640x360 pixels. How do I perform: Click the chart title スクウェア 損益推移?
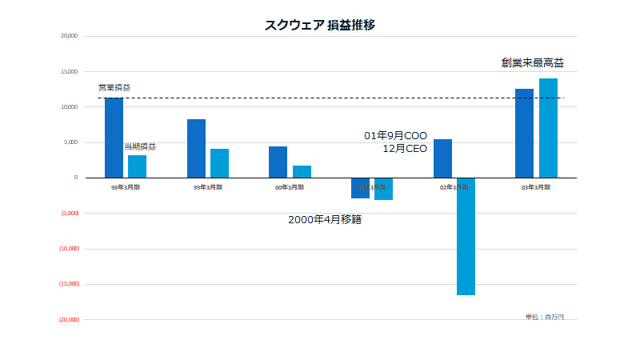coord(320,25)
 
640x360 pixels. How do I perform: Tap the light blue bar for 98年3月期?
coord(137,166)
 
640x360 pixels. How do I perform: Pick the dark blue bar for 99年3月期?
coord(197,149)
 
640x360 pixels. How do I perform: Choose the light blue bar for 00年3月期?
coord(302,171)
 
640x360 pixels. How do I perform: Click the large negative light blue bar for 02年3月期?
coord(466,236)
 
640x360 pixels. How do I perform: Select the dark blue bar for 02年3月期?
coord(442,158)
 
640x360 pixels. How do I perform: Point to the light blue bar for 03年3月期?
coord(548,128)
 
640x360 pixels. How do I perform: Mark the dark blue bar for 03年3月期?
coord(524,134)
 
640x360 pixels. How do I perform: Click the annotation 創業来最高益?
coord(532,62)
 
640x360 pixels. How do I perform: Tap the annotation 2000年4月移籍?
coord(325,219)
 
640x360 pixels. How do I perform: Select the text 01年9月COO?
coord(395,135)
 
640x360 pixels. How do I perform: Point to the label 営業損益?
coord(114,87)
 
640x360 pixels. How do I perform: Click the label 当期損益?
coord(140,146)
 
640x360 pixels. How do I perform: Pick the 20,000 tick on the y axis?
coord(69,36)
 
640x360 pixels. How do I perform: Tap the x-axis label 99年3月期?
coord(208,187)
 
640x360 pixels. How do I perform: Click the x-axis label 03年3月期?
coord(536,187)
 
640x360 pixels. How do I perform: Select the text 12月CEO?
coord(405,148)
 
